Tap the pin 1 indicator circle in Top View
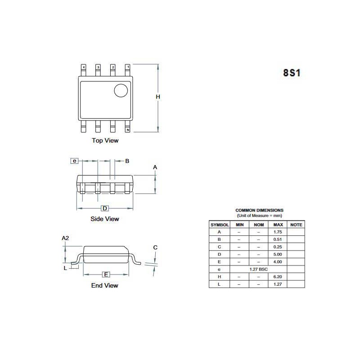coord(121,90)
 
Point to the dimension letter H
coord(158,97)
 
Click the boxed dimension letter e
coord(75,161)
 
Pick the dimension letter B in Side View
coord(127,161)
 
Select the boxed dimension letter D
coord(104,208)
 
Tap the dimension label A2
coord(65,238)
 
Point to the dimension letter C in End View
coord(155,247)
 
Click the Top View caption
coord(105,140)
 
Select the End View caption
coord(104,285)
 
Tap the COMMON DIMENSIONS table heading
coord(259,210)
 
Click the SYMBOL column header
coord(220,224)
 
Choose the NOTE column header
coord(296,224)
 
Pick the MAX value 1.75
coord(278,232)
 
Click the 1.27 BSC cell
coord(259,269)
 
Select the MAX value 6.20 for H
coord(278,277)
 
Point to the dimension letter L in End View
coord(65,268)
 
